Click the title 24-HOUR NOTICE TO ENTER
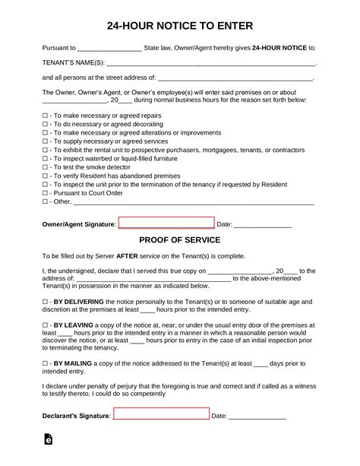(179, 24)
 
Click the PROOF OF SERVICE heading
(179, 239)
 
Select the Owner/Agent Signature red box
(167, 223)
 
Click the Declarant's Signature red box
(161, 415)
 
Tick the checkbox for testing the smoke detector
(45, 166)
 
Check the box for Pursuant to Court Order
(45, 193)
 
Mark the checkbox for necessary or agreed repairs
(45, 114)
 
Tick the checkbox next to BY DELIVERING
(45, 302)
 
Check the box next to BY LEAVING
(45, 325)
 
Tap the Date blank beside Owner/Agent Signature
(263, 225)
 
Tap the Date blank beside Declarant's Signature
(257, 417)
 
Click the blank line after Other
(194, 203)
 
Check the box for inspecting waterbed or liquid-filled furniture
(45, 158)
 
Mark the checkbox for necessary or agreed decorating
(45, 123)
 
